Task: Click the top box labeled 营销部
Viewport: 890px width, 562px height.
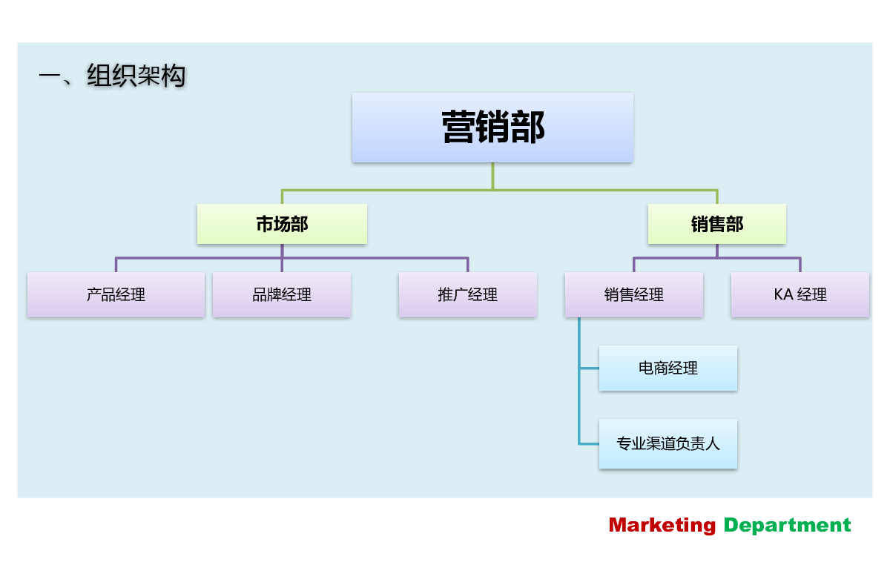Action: tap(492, 128)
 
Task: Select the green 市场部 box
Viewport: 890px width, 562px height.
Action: tap(282, 224)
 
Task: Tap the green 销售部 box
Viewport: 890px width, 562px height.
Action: tap(716, 224)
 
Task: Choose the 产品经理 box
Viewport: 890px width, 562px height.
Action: tap(116, 294)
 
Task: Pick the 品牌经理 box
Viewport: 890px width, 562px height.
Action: tap(282, 294)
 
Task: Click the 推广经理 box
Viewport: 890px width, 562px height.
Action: tap(468, 294)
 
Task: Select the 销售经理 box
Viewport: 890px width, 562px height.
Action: tap(634, 294)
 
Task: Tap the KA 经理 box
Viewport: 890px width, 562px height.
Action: tap(800, 294)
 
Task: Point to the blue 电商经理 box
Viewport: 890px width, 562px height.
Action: tap(668, 368)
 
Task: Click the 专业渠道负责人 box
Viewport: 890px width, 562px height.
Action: tap(668, 443)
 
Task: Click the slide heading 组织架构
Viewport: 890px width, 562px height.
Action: tap(136, 76)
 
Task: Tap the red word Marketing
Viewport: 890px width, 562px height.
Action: tap(662, 526)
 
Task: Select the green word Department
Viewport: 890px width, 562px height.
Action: tap(787, 526)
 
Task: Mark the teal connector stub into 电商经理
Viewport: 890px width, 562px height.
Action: tap(589, 368)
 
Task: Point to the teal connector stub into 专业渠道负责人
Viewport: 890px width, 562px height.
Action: tap(589, 443)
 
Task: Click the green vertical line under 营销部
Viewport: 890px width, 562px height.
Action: tap(492, 176)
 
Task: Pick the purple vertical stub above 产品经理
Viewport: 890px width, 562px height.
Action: tap(116, 265)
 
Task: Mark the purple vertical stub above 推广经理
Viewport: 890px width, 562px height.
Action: tap(468, 265)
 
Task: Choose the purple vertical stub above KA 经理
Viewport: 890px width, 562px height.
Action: tap(800, 265)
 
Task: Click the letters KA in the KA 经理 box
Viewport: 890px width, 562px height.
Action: tap(783, 294)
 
